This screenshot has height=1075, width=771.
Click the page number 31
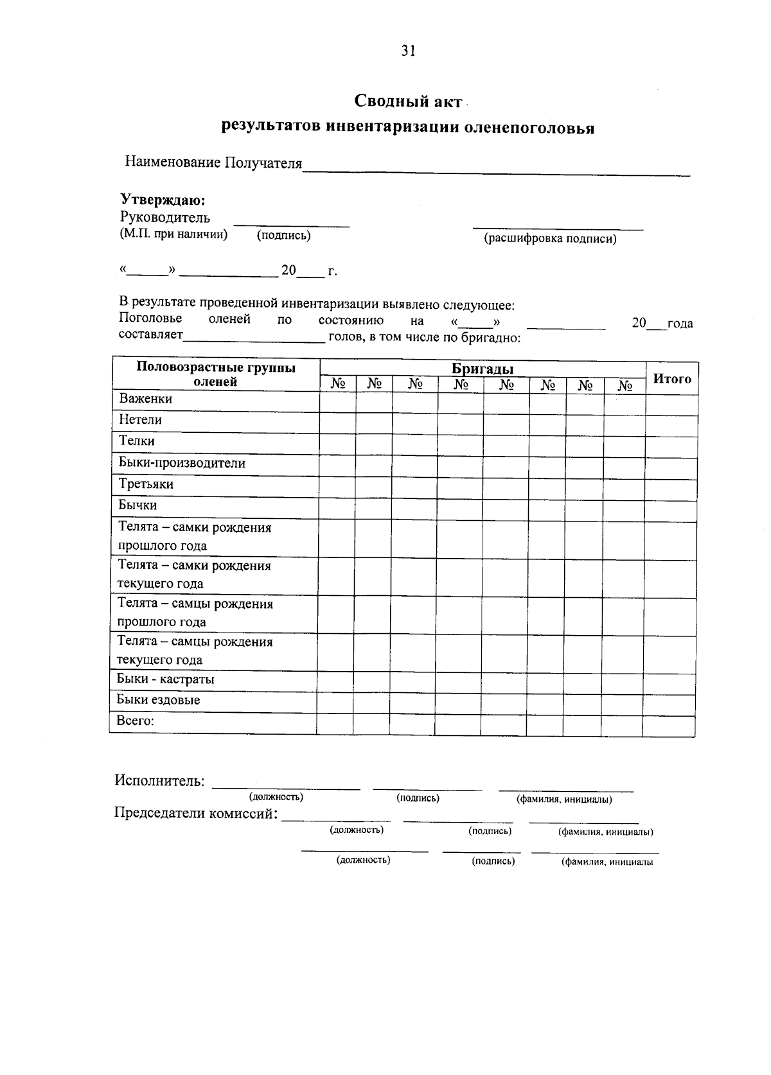[408, 51]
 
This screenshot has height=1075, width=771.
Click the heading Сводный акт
[408, 101]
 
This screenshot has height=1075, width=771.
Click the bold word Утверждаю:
[163, 200]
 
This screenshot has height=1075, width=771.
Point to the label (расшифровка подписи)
[549, 239]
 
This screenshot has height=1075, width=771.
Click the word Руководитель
[164, 217]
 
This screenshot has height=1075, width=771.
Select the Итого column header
[671, 378]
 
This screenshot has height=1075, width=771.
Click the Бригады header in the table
[482, 369]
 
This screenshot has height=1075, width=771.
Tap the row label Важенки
[145, 399]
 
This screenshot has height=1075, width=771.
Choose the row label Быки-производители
[182, 463]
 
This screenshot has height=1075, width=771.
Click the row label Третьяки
[146, 484]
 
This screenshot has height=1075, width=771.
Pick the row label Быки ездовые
[158, 700]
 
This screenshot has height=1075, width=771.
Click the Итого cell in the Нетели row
[671, 426]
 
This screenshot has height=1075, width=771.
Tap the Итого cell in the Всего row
[668, 726]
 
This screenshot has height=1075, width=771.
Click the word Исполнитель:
[159, 780]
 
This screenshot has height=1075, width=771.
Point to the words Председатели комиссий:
[196, 813]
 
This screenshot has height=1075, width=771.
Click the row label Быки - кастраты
[165, 679]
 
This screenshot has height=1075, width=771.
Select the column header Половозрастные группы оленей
[216, 374]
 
